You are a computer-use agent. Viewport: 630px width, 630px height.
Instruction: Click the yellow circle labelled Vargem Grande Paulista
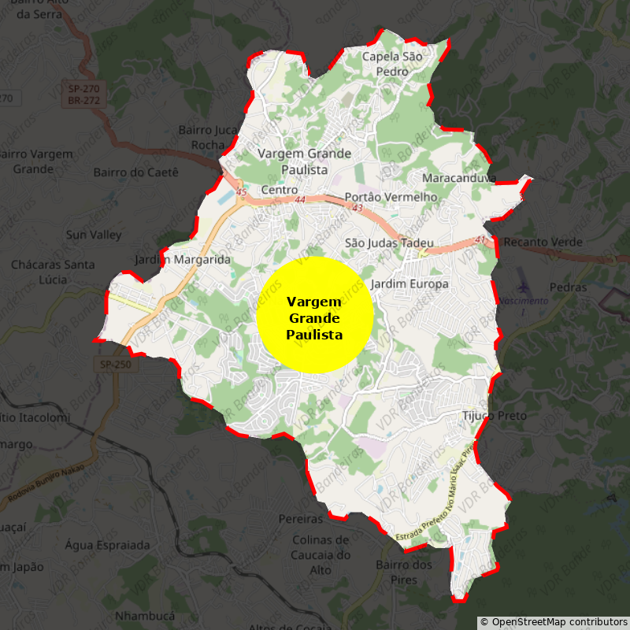pyautogui.click(x=315, y=314)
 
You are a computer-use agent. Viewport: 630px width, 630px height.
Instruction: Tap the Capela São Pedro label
pyautogui.click(x=391, y=64)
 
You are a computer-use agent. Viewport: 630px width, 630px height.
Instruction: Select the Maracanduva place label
pyautogui.click(x=458, y=178)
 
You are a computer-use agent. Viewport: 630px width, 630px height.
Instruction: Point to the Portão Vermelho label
pyautogui.click(x=391, y=197)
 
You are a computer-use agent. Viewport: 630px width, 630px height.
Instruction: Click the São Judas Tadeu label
pyautogui.click(x=389, y=243)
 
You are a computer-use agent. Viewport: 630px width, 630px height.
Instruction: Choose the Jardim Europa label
pyautogui.click(x=409, y=283)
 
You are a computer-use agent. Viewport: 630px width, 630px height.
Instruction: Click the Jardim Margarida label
pyautogui.click(x=183, y=259)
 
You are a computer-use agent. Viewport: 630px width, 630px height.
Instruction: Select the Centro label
pyautogui.click(x=279, y=191)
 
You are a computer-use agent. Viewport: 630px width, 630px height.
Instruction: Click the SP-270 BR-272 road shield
pyautogui.click(x=83, y=95)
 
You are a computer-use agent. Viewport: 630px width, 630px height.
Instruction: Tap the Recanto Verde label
pyautogui.click(x=543, y=242)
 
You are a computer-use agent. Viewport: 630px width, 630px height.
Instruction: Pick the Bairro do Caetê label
pyautogui.click(x=136, y=172)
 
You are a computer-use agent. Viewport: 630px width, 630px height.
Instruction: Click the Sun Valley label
pyautogui.click(x=94, y=235)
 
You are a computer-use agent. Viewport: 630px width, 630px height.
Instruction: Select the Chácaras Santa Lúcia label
pyautogui.click(x=53, y=272)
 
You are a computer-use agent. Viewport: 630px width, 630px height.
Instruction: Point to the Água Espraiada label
pyautogui.click(x=107, y=545)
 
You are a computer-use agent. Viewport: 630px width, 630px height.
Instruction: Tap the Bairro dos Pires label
pyautogui.click(x=404, y=572)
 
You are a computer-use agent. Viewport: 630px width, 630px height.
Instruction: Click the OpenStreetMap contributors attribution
pyautogui.click(x=554, y=622)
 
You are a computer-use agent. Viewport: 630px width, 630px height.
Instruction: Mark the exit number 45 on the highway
pyautogui.click(x=241, y=192)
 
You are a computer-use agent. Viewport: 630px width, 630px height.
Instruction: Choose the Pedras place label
pyautogui.click(x=568, y=287)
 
